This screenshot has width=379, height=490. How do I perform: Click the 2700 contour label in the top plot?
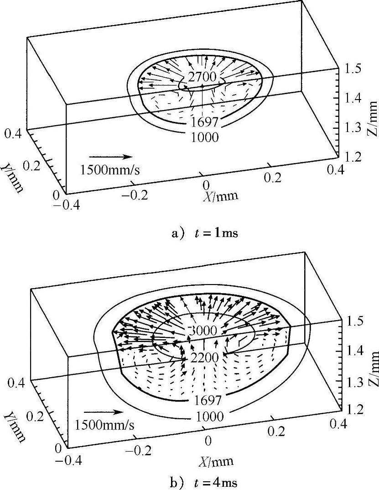click(202, 76)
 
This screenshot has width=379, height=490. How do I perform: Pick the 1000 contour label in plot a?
click(205, 137)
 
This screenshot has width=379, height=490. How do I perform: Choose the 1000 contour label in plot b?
click(205, 416)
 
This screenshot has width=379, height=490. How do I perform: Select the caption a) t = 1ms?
click(204, 233)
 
